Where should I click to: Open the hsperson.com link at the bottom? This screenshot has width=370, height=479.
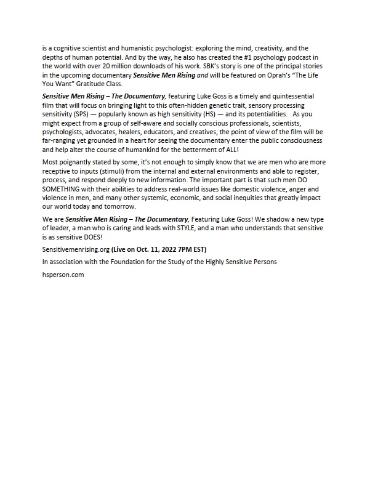coord(63,275)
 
